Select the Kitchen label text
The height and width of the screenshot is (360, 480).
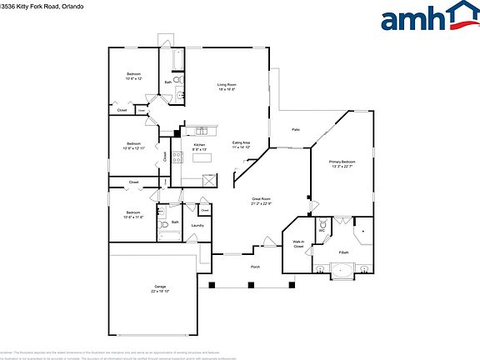click(x=199, y=145)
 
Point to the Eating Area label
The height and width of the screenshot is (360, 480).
click(x=242, y=142)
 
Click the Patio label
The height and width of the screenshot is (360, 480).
click(x=296, y=129)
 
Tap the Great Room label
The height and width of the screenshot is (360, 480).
click(x=263, y=198)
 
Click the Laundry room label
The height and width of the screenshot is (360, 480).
click(x=197, y=225)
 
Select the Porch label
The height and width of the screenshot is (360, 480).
click(x=255, y=267)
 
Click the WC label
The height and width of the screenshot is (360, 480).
click(x=322, y=231)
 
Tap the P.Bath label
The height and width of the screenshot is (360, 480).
click(x=342, y=252)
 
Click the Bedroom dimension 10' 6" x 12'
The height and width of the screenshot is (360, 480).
click(x=133, y=79)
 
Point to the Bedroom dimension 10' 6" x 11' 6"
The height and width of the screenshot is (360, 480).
click(x=133, y=217)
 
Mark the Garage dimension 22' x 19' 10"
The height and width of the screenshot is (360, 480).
click(x=160, y=292)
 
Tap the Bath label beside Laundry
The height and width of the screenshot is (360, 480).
click(x=175, y=222)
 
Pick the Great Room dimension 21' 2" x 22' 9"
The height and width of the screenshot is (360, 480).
click(x=263, y=203)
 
